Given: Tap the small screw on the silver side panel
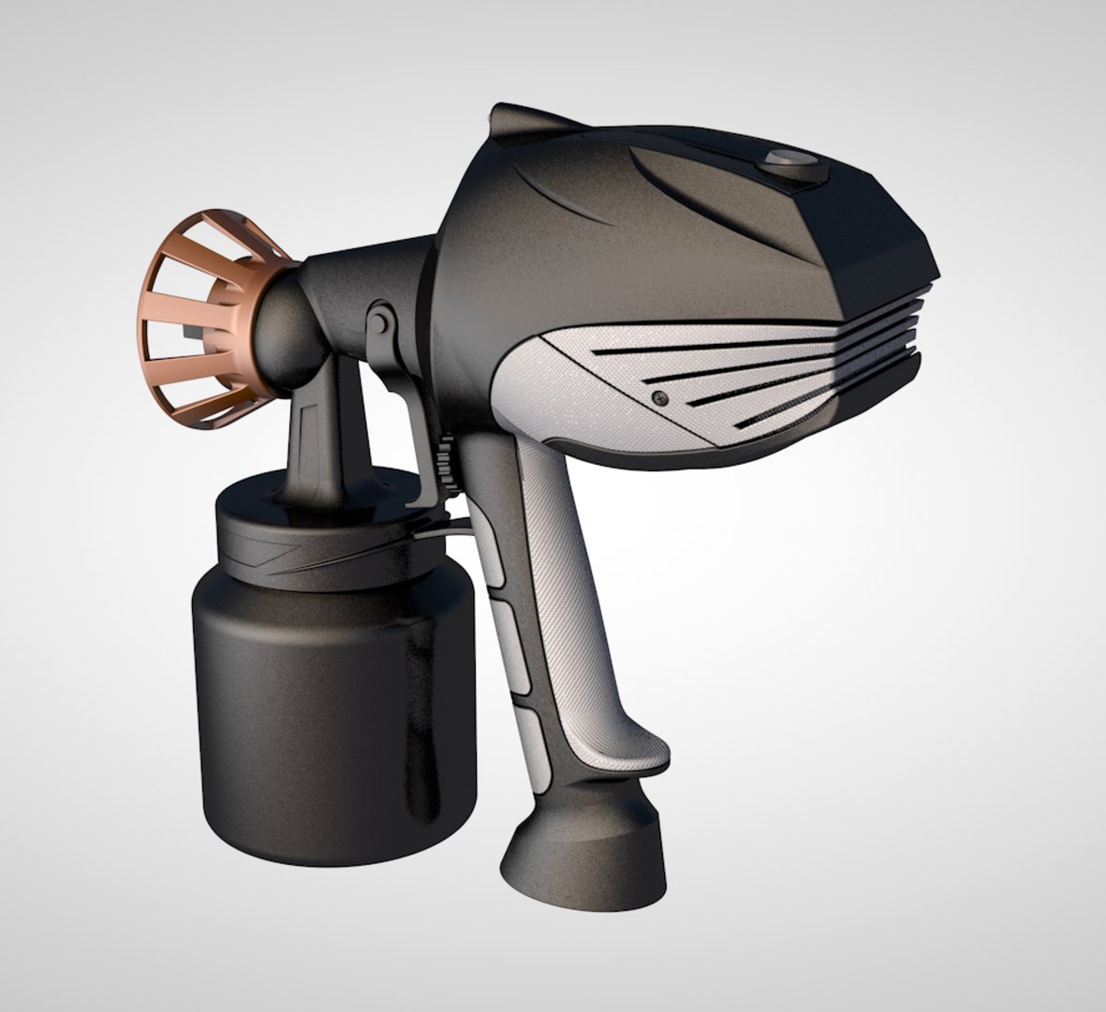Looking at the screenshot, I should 659,397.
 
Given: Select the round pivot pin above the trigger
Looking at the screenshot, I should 378,322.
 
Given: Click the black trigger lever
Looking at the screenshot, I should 412,422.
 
